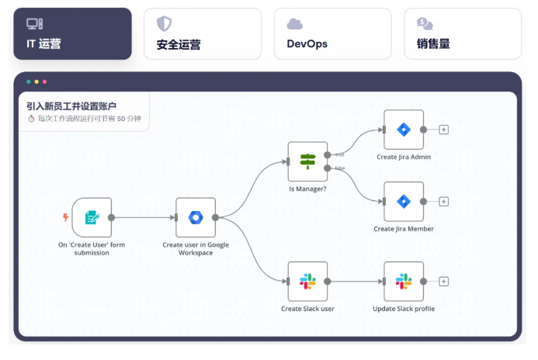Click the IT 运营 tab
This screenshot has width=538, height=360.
pyautogui.click(x=72, y=34)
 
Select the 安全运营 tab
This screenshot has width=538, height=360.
pyautogui.click(x=203, y=34)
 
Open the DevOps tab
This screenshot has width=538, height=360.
pyautogui.click(x=332, y=34)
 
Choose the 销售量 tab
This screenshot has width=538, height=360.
pyautogui.click(x=463, y=34)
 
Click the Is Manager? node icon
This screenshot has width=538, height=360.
pyautogui.click(x=307, y=161)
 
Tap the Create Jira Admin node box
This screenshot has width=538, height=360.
pyautogui.click(x=404, y=130)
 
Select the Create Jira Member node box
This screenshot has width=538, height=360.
pyautogui.click(x=404, y=202)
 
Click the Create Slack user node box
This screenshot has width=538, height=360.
pyautogui.click(x=307, y=282)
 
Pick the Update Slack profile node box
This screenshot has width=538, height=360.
pyautogui.click(x=404, y=282)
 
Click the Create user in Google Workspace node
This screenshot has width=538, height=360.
pyautogui.click(x=196, y=217)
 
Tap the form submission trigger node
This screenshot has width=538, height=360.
pyautogui.click(x=92, y=217)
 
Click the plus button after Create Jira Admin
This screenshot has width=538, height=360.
pyautogui.click(x=443, y=130)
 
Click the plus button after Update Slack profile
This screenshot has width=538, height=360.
pyautogui.click(x=443, y=282)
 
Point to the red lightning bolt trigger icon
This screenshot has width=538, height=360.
pyautogui.click(x=65, y=217)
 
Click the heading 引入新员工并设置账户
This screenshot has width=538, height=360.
pyautogui.click(x=71, y=106)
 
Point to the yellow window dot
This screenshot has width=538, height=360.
pyautogui.click(x=36, y=81)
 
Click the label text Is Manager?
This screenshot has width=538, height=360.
pyautogui.click(x=307, y=189)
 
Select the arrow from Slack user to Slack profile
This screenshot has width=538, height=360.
pyautogui.click(x=356, y=282)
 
